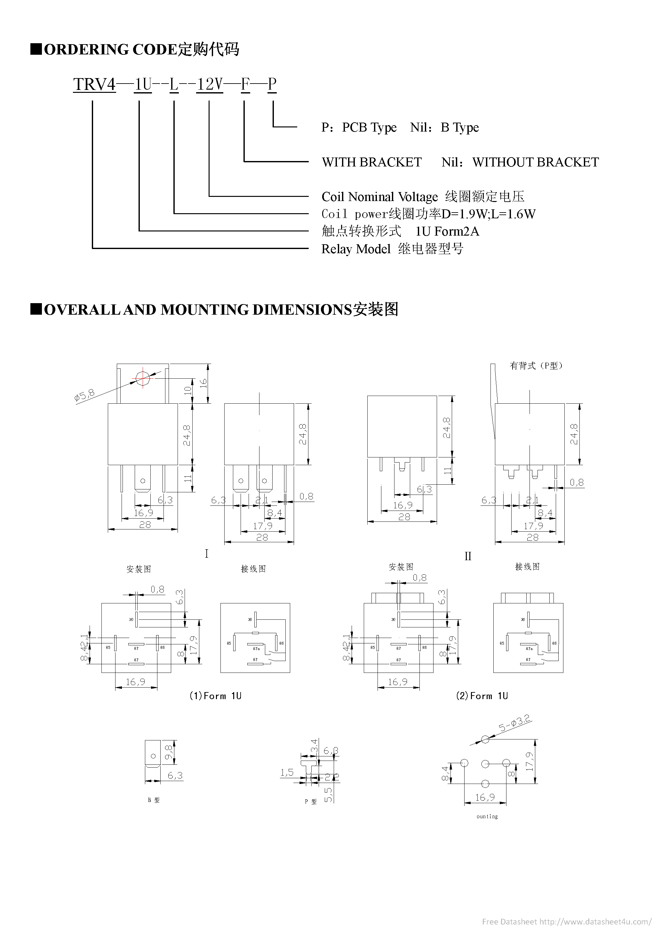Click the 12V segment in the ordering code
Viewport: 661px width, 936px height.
click(210, 85)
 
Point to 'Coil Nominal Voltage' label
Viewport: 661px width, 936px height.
click(379, 197)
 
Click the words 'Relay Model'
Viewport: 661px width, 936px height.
click(356, 249)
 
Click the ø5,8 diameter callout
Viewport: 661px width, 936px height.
click(84, 395)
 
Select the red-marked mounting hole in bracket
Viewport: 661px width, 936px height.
click(143, 379)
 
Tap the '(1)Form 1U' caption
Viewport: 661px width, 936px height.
click(215, 696)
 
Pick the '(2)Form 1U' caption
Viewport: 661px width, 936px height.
click(482, 696)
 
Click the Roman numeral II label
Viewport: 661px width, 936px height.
click(468, 556)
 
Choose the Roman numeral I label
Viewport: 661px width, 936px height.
click(207, 553)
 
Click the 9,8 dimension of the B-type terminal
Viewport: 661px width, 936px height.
click(169, 752)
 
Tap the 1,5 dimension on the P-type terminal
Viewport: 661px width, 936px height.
click(287, 772)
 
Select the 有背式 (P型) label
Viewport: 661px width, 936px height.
click(536, 366)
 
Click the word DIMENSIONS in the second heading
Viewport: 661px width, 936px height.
click(302, 310)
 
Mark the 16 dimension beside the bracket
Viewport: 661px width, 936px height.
click(203, 383)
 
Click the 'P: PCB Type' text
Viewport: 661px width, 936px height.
click(359, 128)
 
